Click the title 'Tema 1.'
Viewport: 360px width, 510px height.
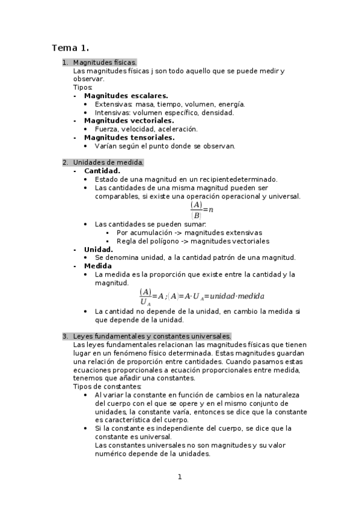pyautogui.click(x=70, y=48)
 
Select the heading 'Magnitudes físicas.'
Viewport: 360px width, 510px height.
pyautogui.click(x=105, y=63)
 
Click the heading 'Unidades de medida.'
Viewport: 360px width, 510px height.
pyautogui.click(x=108, y=162)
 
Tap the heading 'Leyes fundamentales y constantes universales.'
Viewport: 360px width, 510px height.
pyautogui.click(x=152, y=336)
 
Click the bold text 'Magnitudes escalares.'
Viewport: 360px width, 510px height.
pyautogui.click(x=126, y=96)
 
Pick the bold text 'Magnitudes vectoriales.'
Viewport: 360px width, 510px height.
pyautogui.click(x=129, y=120)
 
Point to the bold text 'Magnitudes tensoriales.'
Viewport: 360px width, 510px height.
pyautogui.click(x=129, y=137)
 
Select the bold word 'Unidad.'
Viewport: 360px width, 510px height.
pyautogui.click(x=99, y=249)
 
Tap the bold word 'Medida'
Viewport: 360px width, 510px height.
pyautogui.click(x=97, y=266)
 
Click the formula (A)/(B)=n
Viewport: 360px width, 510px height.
pyautogui.click(x=202, y=210)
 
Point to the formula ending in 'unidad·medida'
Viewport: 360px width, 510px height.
pyautogui.click(x=201, y=296)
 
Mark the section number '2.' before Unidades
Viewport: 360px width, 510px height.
pyautogui.click(x=66, y=162)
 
